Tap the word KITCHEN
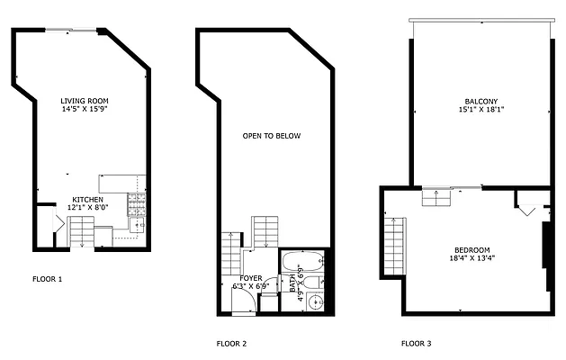tap(87, 199)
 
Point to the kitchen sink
tap(137, 224)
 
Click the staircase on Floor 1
tap(80, 237)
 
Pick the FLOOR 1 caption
tap(47, 279)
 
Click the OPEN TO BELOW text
tap(272, 137)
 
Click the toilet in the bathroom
tap(310, 283)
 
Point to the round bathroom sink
tap(313, 301)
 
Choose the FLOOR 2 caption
tap(231, 344)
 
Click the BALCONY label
tap(481, 101)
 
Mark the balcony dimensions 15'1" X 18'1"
tap(481, 111)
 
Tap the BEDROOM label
tap(472, 249)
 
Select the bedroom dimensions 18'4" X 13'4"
tap(472, 259)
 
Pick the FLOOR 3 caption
tap(416, 344)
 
